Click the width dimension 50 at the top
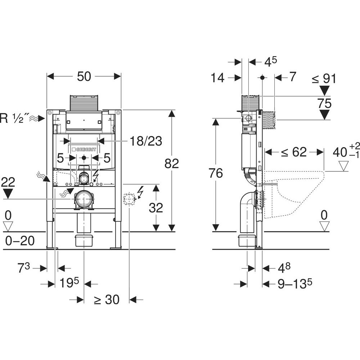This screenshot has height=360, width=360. click(84, 76)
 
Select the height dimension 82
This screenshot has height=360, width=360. click(171, 164)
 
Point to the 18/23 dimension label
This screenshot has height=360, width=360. click(146, 141)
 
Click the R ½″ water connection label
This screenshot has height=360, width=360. click(17, 118)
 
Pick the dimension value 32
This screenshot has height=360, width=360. click(155, 208)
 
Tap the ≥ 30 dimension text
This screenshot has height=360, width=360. click(107, 300)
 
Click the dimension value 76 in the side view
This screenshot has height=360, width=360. click(215, 174)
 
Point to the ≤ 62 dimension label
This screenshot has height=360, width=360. click(294, 152)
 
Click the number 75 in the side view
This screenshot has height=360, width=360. click(325, 104)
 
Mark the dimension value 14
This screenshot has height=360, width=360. click(218, 77)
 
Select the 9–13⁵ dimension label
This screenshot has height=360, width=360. click(294, 284)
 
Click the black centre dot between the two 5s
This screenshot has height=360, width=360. click(84, 158)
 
